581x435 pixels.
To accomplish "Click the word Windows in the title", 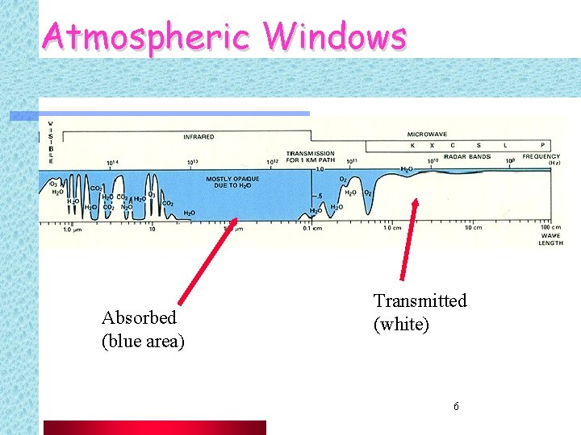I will (x=336, y=36).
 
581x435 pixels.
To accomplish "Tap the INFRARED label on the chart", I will (x=199, y=137).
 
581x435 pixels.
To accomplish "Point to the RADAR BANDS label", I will (x=467, y=157).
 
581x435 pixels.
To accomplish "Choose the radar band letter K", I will (x=412, y=146).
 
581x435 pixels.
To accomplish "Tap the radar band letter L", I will (x=505, y=146).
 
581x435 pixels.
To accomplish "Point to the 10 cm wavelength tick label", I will (x=473, y=228).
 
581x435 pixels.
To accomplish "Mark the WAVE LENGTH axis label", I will (x=551, y=239).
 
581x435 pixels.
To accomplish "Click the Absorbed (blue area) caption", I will (x=143, y=329).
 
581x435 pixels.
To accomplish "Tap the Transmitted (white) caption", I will (x=420, y=313).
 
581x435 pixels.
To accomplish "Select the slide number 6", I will (x=456, y=406).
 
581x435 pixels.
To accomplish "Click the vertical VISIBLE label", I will (x=50, y=143).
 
